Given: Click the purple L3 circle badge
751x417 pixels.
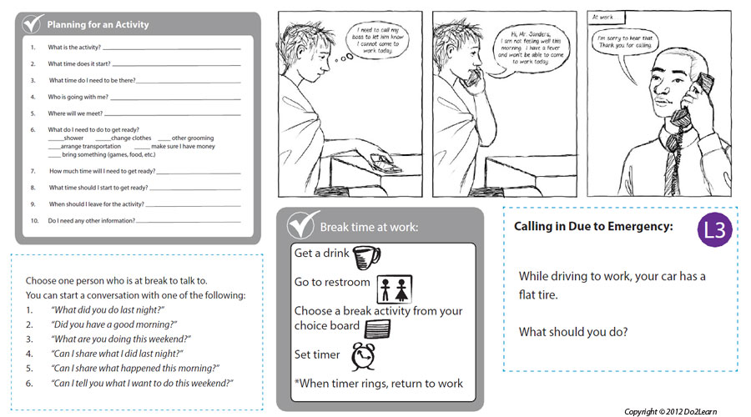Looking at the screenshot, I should click(715, 230).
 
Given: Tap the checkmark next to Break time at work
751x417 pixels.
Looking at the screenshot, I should click(300, 226).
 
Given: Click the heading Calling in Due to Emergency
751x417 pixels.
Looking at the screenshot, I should click(593, 226).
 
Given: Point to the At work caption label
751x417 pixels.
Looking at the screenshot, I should click(602, 17).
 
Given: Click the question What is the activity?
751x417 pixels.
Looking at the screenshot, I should click(73, 48).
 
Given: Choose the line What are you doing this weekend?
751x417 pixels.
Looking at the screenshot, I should click(121, 339).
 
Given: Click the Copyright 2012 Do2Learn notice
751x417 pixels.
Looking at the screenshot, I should click(681, 411).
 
